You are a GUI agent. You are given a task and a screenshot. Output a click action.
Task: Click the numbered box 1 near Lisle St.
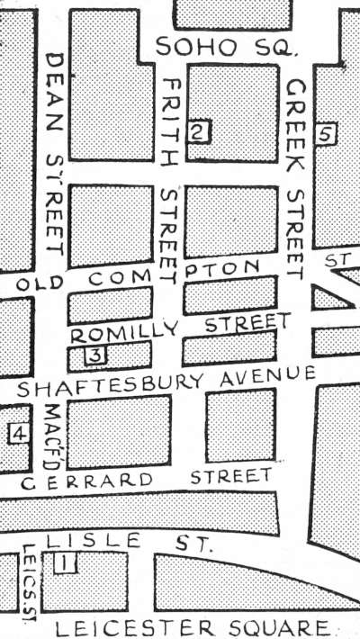pos(66,564)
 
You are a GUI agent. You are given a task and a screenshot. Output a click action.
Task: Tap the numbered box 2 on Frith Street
pos(199,132)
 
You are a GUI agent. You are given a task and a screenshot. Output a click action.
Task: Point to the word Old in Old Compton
pos(40,282)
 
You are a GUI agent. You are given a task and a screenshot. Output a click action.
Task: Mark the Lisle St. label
pos(130,542)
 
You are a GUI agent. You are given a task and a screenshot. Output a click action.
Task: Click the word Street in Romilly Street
pos(247,325)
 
